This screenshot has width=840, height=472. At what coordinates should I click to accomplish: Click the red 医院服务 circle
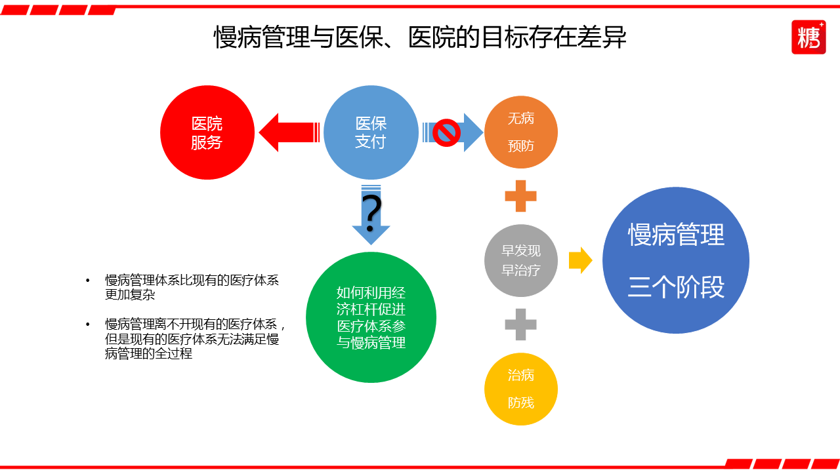pyautogui.click(x=207, y=132)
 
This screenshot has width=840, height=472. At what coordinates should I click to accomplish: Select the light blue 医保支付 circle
pyautogui.click(x=371, y=132)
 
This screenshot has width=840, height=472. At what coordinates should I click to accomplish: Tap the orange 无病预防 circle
pyautogui.click(x=521, y=132)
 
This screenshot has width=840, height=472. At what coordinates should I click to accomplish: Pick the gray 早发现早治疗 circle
pyautogui.click(x=521, y=260)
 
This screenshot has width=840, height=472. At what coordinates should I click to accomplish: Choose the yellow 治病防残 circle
pyautogui.click(x=521, y=389)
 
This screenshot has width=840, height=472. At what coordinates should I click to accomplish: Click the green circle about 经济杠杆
pyautogui.click(x=371, y=317)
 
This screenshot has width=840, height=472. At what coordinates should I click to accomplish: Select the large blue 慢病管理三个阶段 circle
pyautogui.click(x=676, y=260)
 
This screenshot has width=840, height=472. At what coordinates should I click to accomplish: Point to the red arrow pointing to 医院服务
pyautogui.click(x=289, y=132)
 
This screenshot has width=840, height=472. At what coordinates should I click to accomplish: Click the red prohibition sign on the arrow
pyautogui.click(x=447, y=132)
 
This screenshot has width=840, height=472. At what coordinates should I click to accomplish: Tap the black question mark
pyautogui.click(x=371, y=211)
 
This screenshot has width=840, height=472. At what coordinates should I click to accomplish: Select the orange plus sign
pyautogui.click(x=521, y=196)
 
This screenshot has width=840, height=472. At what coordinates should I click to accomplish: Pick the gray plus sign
pyautogui.click(x=521, y=324)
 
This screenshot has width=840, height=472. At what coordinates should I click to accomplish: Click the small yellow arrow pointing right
pyautogui.click(x=580, y=260)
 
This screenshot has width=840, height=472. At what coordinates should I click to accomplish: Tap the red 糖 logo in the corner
pyautogui.click(x=808, y=37)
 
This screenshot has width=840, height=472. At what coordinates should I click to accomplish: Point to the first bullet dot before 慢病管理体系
pyautogui.click(x=88, y=281)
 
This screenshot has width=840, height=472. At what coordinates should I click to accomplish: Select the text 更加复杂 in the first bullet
pyautogui.click(x=130, y=295)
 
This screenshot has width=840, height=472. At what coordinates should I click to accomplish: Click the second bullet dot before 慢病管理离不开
pyautogui.click(x=88, y=324)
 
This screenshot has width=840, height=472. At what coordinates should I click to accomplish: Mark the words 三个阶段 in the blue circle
pyautogui.click(x=676, y=287)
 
